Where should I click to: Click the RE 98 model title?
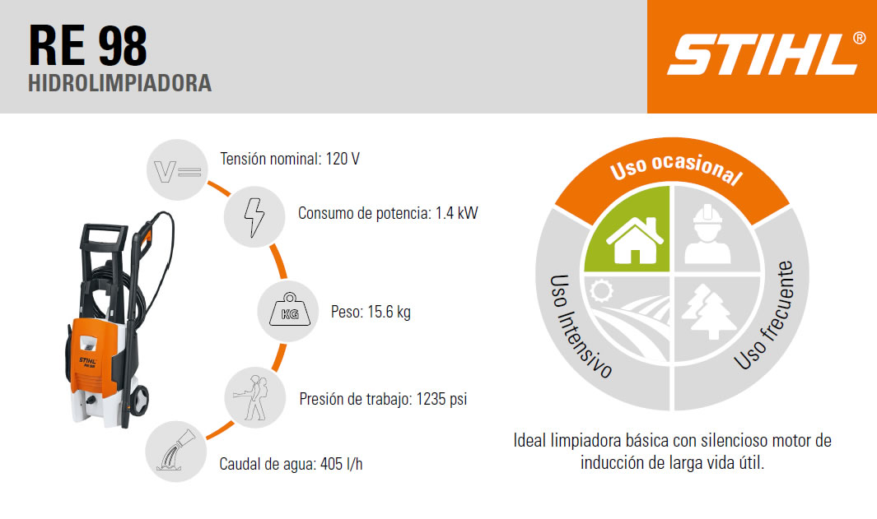coord(88,46)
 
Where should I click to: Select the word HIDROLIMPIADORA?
coord(119,83)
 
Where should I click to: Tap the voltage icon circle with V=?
coord(177,169)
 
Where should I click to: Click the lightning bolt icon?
coord(254,217)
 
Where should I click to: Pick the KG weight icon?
coord(288,311)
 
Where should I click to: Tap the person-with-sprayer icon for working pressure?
coord(255,398)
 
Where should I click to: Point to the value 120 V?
coord(343,159)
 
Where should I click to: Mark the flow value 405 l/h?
coord(341,464)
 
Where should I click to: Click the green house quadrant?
coord(627,229)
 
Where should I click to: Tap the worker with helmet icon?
coord(707,234)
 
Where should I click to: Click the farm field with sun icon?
coord(627,319)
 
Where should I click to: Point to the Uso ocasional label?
coord(675,169)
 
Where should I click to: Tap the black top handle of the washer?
coord(105,236)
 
